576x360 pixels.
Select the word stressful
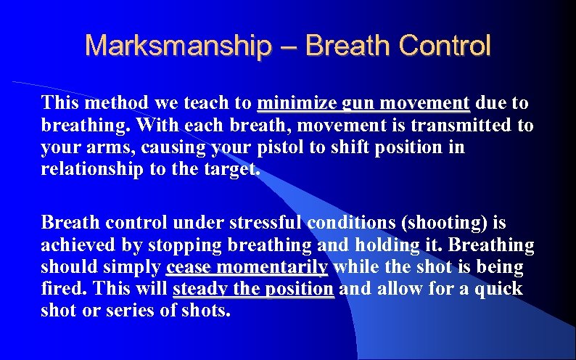(x=266, y=221)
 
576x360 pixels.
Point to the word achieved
(x=75, y=245)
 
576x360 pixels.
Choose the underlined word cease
(x=189, y=268)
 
